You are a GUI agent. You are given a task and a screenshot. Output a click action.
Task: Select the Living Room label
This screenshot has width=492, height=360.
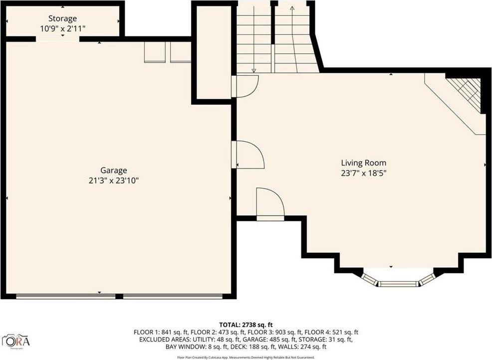(363, 163)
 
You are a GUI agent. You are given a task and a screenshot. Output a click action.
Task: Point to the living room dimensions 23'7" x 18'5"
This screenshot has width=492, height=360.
(364, 173)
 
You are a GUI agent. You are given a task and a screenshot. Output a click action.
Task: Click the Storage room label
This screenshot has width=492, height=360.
(62, 18)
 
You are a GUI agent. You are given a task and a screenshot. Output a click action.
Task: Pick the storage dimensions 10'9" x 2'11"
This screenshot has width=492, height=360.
(62, 28)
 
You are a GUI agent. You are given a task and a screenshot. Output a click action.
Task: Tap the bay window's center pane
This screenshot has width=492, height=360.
(398, 284)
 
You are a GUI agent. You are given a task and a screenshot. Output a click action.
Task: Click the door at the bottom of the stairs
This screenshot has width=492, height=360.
(246, 86)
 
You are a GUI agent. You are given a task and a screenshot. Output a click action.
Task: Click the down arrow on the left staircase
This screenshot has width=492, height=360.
(253, 70)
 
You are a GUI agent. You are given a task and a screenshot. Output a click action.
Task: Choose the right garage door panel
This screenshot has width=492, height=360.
(173, 296)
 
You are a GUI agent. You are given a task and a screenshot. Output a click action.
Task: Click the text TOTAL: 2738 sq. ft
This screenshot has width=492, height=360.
(246, 325)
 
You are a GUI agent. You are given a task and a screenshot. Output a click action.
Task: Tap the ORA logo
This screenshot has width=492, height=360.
(16, 341)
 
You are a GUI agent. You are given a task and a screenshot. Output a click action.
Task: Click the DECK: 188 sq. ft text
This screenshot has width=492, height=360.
(254, 347)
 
